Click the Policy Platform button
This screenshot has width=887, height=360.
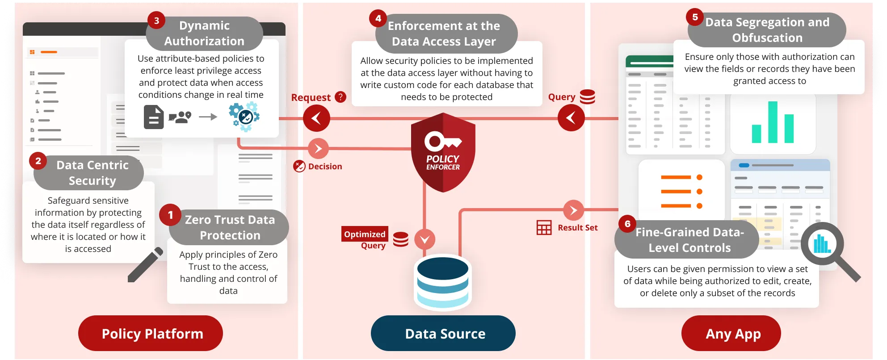pos(151,333)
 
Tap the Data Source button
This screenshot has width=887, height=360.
pos(443,333)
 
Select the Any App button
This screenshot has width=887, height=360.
pos(731,333)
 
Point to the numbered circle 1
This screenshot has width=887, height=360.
pos(170,215)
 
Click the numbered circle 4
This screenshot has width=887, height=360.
pos(378,18)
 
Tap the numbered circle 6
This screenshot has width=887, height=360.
pos(627,224)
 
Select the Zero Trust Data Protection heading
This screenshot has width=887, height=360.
pos(230,227)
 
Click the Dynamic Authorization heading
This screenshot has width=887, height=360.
pos(204,33)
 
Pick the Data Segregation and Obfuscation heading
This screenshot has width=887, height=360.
pos(767,30)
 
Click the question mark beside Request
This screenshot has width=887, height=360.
pos(341,97)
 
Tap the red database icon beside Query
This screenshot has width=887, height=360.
pos(587,96)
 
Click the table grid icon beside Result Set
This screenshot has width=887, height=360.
pos(544,227)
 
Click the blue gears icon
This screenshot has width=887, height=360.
pos(244,117)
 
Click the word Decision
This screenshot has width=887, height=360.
pos(325,166)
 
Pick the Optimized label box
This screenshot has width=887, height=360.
pos(364,234)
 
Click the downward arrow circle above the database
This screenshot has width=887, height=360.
pos(425,239)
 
